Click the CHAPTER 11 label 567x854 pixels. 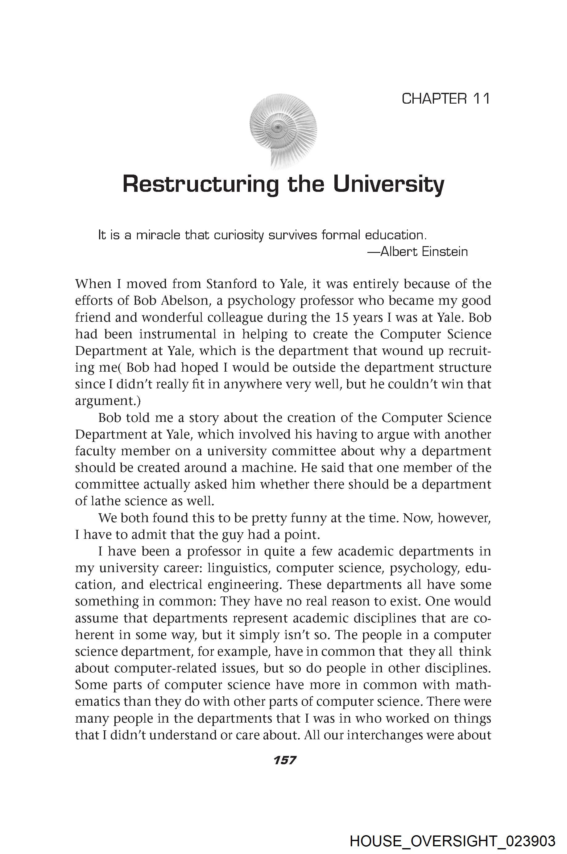(445, 99)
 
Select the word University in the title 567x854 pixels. (388, 184)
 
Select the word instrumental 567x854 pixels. (178, 334)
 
